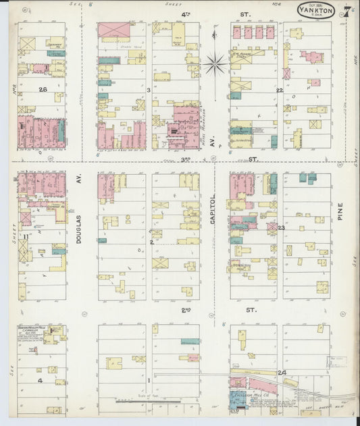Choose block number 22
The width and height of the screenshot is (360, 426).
pyautogui.click(x=278, y=89)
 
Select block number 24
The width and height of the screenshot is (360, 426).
pyautogui.click(x=281, y=373)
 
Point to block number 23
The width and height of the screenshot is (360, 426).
pyautogui.click(x=281, y=228)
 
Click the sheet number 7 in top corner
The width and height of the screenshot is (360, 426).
pyautogui.click(x=344, y=12)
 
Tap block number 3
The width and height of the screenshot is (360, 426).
pyautogui.click(x=148, y=89)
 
